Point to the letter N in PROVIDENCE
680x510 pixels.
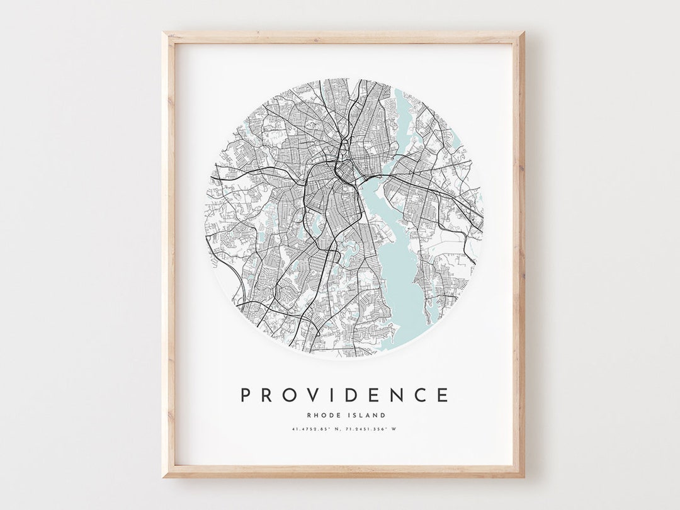[x=399, y=395]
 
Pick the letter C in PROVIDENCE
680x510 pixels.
[x=422, y=395]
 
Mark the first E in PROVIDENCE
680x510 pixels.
[x=377, y=395]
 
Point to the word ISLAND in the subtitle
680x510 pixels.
[x=367, y=415]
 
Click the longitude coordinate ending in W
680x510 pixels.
[x=373, y=429]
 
